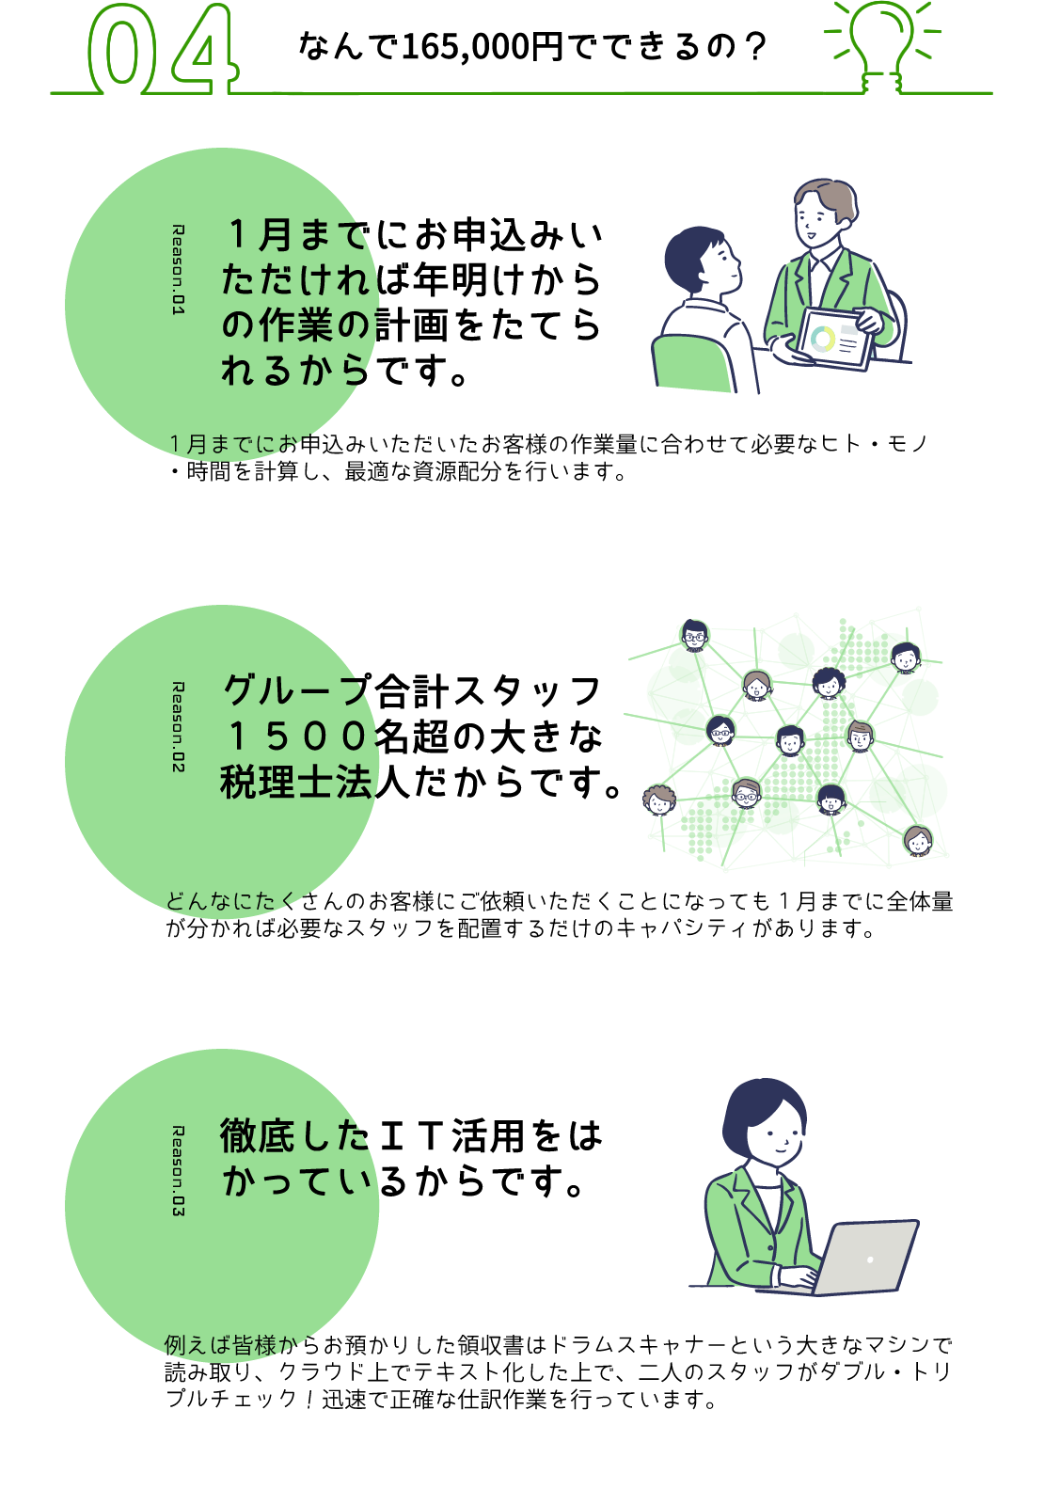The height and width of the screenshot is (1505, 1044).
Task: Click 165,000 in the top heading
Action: (466, 46)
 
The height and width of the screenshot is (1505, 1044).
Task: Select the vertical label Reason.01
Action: (178, 269)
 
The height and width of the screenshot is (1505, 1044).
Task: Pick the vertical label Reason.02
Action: (178, 727)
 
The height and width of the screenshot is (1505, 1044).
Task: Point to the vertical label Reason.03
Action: (178, 1170)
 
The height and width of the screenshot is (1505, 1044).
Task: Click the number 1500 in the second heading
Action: (295, 737)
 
